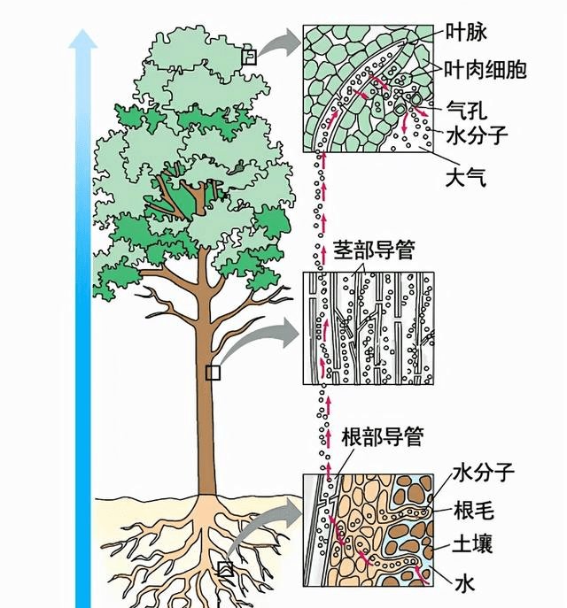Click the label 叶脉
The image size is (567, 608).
[x=466, y=33]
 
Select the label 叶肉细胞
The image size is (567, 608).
[x=485, y=70]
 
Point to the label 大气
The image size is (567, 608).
[x=466, y=179]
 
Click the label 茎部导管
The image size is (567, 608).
[x=374, y=250]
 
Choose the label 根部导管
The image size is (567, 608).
[x=382, y=437]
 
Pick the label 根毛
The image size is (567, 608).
[x=474, y=510]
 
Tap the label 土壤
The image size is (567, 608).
[x=473, y=543]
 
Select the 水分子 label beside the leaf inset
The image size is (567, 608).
[x=477, y=135]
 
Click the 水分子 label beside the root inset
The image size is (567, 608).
[x=483, y=473]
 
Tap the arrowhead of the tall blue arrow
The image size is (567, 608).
[x=82, y=39]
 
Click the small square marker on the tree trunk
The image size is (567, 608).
[x=213, y=373]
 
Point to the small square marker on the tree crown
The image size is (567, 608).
[x=249, y=57]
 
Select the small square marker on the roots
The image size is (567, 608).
[x=225, y=569]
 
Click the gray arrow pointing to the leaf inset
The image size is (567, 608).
[x=280, y=42]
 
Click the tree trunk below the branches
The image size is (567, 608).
[x=206, y=407]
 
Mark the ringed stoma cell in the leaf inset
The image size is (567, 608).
[x=416, y=98]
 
